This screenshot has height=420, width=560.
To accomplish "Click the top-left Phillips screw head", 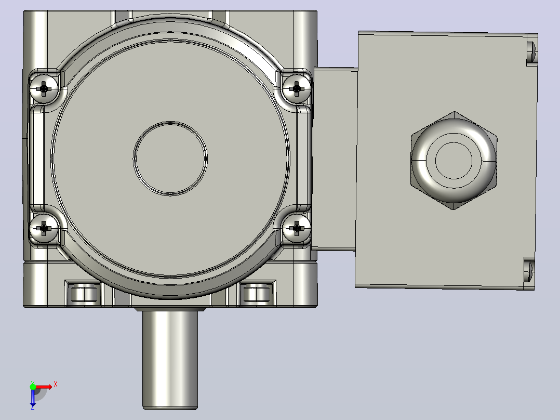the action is pos(44,88).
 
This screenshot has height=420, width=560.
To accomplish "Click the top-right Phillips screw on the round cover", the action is pos(297,88).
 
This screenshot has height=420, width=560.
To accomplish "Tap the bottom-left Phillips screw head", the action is pos(44,228).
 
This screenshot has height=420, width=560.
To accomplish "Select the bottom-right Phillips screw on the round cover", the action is pos(297,228).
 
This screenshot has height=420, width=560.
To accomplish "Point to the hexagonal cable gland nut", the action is pos(454,161).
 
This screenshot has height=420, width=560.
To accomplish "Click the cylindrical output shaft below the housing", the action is pos(170,359).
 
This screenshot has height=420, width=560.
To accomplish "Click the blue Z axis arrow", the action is pos(33,397).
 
